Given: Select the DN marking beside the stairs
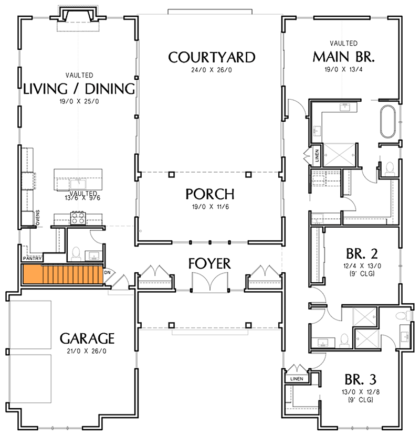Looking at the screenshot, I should point(108,272).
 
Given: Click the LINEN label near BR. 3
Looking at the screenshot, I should point(295,378).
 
